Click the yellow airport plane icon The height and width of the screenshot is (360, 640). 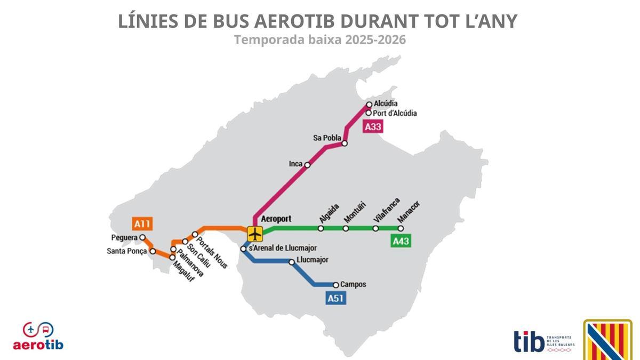click(x=255, y=234)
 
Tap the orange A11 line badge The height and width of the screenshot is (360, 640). click(x=141, y=224)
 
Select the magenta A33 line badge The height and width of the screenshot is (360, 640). click(x=373, y=127)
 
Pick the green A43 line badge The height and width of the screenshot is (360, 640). click(x=401, y=242)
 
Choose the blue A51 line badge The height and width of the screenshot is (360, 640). click(x=335, y=298)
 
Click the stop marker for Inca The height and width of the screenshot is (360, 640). click(x=307, y=165)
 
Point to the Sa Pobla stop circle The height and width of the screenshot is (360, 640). click(x=345, y=143)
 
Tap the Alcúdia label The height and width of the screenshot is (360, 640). click(x=386, y=103)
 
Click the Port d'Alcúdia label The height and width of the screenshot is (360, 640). click(x=395, y=113)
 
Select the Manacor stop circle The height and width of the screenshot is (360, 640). click(x=401, y=228)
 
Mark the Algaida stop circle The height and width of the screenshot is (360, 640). click(x=321, y=228)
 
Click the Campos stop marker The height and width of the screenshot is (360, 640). click(x=336, y=285)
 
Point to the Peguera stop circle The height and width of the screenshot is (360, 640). click(x=142, y=237)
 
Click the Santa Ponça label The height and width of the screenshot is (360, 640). click(x=127, y=251)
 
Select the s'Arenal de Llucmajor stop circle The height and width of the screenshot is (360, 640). click(x=243, y=249)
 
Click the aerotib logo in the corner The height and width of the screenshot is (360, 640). click(x=38, y=336)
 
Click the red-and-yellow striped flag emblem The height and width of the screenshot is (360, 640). click(x=607, y=340)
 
